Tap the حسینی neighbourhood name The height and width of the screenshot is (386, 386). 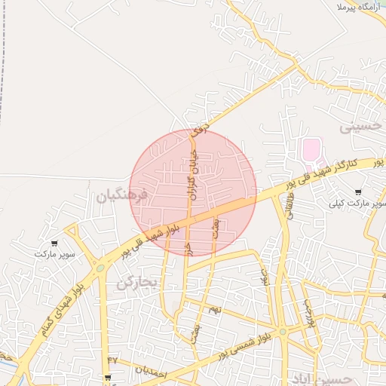click(x=360, y=127)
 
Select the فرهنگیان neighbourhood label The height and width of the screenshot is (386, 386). click(x=124, y=197)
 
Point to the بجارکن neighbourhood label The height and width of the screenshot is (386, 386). click(x=136, y=283)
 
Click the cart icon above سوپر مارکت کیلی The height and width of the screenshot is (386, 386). click(x=357, y=192)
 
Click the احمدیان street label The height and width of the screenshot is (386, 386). click(x=142, y=370)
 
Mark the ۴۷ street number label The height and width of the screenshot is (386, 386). click(x=112, y=360)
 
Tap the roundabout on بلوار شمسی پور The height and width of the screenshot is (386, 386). click(x=282, y=331)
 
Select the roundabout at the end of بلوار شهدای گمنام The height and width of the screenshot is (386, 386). click(x=100, y=267)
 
